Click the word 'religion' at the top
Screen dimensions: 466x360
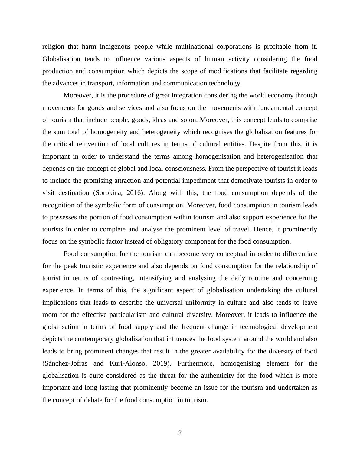click(53, 47)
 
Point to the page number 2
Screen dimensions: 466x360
click(180, 433)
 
